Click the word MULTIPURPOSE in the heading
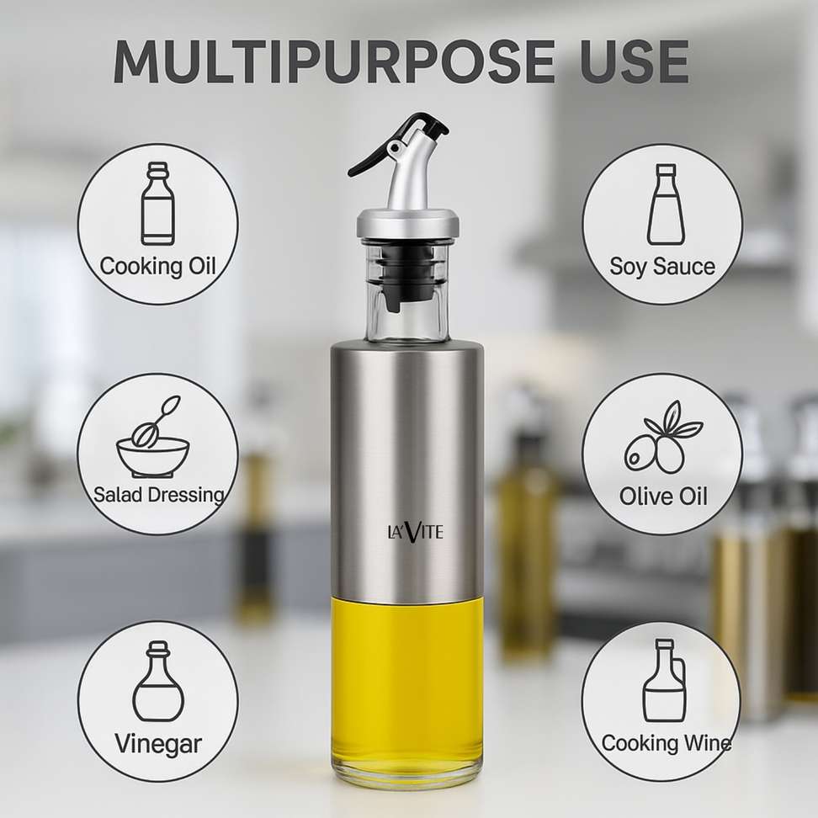334,61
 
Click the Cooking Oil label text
157,266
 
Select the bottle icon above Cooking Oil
157,204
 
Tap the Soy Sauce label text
662,267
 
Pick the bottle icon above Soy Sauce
666,204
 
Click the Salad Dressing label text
158,495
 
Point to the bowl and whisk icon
153,437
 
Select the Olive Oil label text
663,496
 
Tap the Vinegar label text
158,744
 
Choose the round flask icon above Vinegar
158,682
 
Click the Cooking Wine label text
666,743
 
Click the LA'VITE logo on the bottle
415,532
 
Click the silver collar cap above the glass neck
408,223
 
